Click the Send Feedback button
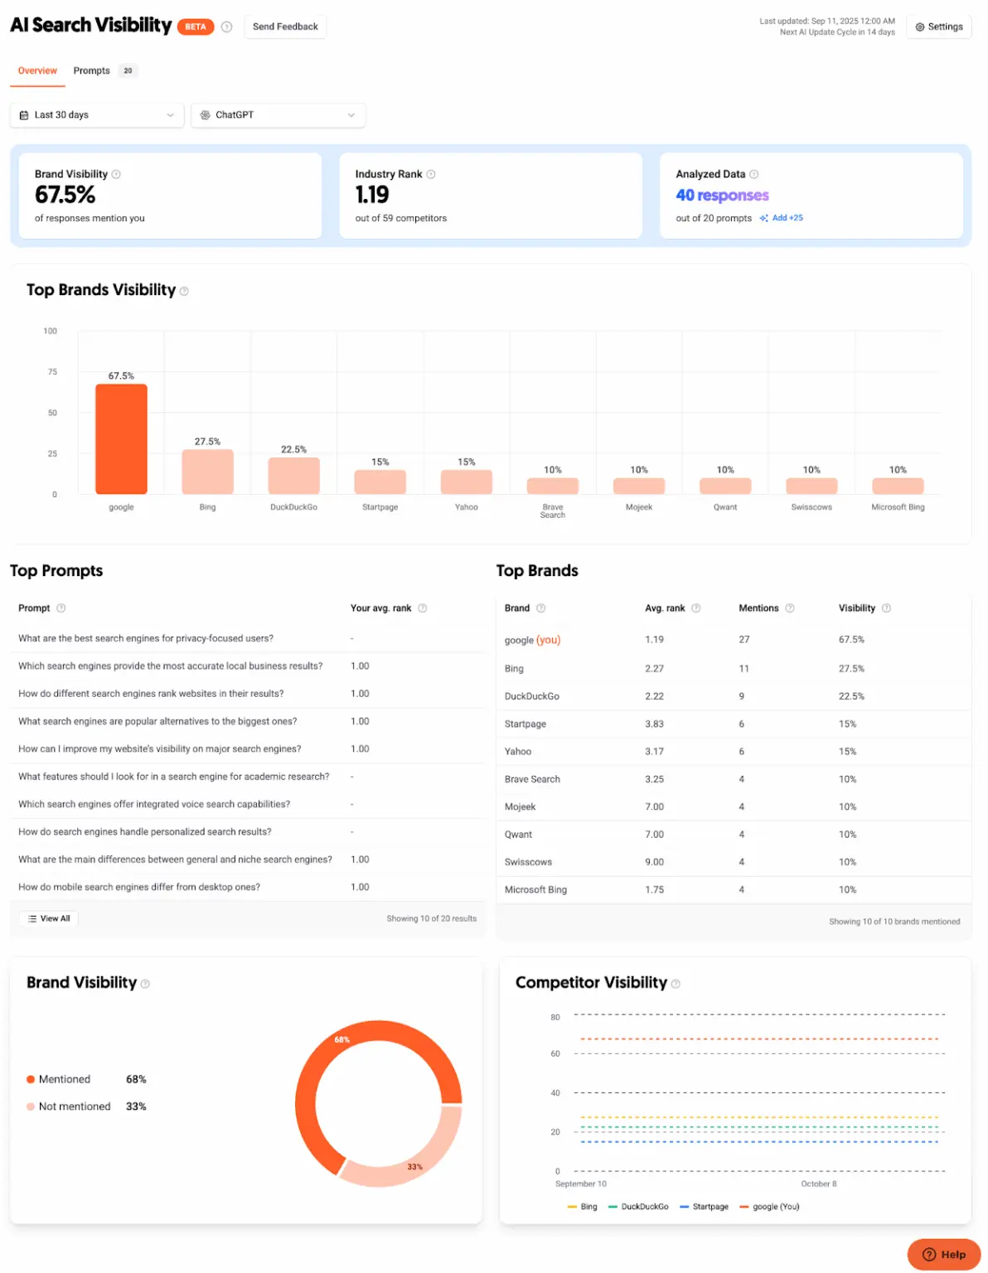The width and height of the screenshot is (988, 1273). [285, 27]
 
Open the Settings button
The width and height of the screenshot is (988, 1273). [938, 27]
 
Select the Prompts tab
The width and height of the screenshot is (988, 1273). [92, 70]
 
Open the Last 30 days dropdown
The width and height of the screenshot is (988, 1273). [96, 115]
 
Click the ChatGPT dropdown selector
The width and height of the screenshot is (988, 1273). [278, 115]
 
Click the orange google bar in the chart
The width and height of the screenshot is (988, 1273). [121, 438]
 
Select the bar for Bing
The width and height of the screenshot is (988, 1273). [207, 472]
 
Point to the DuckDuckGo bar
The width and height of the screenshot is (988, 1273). [293, 476]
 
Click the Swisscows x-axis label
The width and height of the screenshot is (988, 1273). [811, 507]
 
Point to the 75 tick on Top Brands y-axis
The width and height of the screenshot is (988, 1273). [52, 372]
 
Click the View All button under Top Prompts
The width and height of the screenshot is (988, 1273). [49, 918]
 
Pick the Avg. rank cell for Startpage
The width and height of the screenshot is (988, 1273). [654, 724]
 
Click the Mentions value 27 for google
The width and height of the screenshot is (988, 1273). [743, 640]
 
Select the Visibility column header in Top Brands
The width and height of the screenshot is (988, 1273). [856, 608]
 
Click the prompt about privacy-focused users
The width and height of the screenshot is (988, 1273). [146, 638]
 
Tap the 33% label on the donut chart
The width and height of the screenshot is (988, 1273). [414, 1167]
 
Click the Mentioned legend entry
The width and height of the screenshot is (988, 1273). [64, 1079]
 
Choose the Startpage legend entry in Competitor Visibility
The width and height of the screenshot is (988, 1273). [704, 1207]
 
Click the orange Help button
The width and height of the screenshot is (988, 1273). [943, 1254]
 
